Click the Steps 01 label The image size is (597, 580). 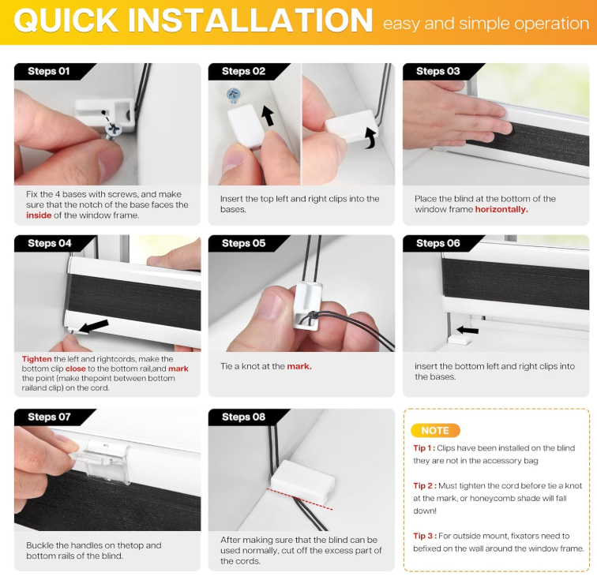(49, 71)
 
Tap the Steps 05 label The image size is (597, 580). (244, 243)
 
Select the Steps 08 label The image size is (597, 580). (244, 417)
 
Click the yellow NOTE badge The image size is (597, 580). (435, 430)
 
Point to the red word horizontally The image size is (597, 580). (501, 209)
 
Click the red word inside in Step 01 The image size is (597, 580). (39, 215)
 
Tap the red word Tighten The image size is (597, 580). (36, 359)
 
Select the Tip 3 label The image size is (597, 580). (425, 536)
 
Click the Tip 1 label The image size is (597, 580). (424, 448)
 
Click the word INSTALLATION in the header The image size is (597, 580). (250, 21)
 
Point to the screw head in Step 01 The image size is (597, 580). (113, 130)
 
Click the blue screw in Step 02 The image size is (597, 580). (233, 95)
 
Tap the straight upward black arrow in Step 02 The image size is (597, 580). (268, 116)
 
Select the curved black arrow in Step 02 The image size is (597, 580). (370, 138)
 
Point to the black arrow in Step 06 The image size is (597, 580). (467, 330)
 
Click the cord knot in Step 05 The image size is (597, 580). (312, 316)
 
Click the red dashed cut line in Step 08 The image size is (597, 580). (299, 499)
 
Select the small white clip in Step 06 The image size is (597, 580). (458, 340)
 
